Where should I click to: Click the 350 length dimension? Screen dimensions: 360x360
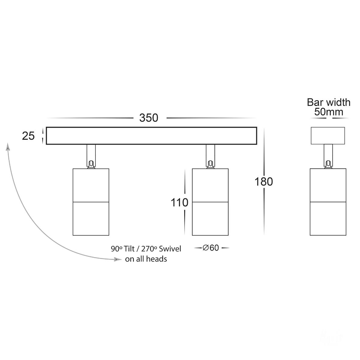click(149, 118)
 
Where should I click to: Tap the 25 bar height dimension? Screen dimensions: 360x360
click(28, 136)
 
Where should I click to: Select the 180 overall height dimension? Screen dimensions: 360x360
click(264, 181)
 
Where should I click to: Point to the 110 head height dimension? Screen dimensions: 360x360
click(179, 202)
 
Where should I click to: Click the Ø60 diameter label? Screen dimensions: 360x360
click(211, 248)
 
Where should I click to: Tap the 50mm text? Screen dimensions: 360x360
click(328, 112)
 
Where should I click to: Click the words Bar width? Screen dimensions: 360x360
click(328, 102)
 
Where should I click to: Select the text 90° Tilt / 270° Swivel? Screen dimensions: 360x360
click(146, 249)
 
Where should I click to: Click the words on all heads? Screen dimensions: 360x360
click(146, 259)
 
